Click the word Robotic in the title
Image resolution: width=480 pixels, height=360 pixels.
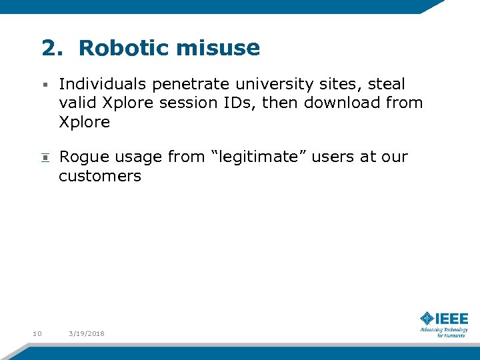tap(124, 48)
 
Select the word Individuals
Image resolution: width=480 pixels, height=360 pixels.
tap(103, 84)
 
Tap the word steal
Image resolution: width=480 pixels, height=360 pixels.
tap(387, 84)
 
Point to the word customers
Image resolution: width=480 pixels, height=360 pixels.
tap(100, 176)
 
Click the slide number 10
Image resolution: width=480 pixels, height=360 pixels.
tap(37, 333)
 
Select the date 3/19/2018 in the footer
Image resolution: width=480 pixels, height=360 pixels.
tap(87, 333)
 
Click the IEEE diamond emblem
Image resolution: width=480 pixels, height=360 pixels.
tap(427, 319)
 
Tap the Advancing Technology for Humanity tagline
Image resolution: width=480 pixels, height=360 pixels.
tap(444, 332)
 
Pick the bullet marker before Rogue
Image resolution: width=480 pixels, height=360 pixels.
tap(45, 158)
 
